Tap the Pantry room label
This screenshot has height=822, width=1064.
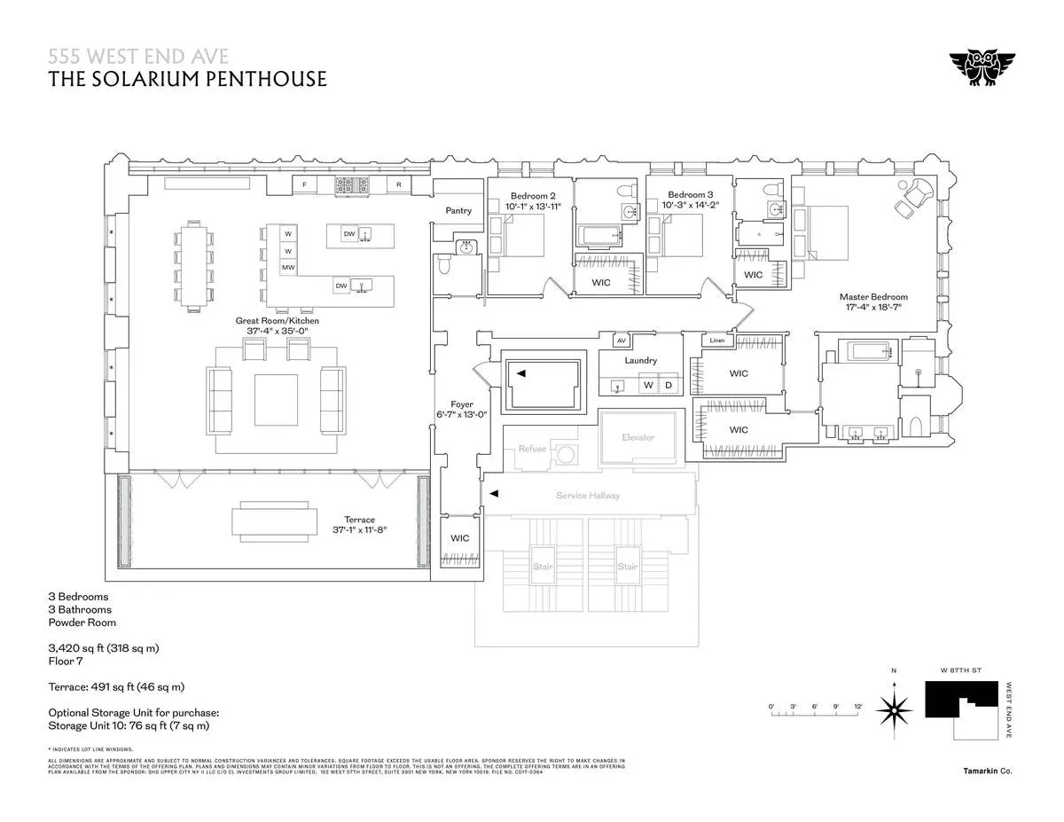click(459, 211)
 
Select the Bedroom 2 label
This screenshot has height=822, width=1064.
click(533, 195)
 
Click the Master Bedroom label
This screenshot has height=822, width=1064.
click(874, 297)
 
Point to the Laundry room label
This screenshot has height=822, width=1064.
click(640, 361)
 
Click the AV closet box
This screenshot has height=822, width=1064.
click(621, 340)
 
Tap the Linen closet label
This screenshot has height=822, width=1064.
click(716, 341)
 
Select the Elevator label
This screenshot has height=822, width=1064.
click(638, 437)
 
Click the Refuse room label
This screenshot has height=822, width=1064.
click(532, 449)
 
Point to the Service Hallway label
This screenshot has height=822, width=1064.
click(588, 495)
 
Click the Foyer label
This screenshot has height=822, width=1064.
click(461, 404)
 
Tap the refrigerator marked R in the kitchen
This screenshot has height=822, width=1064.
click(399, 185)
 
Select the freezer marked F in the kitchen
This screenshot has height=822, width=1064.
click(305, 185)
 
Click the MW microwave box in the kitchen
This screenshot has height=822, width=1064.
click(288, 267)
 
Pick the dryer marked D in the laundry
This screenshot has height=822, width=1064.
click(669, 385)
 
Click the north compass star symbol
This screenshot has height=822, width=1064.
click(895, 708)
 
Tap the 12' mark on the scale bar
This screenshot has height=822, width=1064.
click(857, 706)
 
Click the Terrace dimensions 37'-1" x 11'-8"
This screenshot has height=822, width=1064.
click(359, 529)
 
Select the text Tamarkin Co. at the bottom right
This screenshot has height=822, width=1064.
click(988, 771)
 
